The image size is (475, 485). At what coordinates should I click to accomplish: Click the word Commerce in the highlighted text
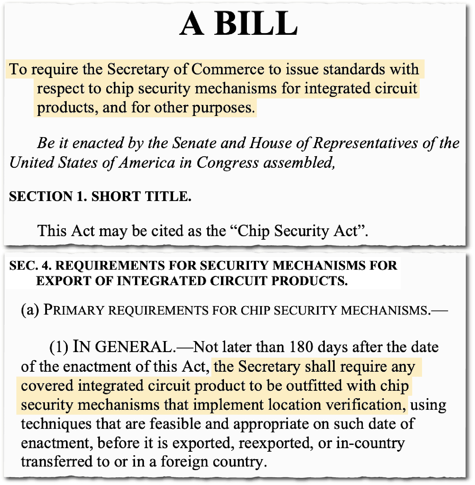(x=228, y=69)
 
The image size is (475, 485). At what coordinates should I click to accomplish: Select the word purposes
(x=223, y=108)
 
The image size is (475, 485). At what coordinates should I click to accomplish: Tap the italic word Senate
(x=195, y=143)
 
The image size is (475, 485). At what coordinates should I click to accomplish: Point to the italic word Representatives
(x=366, y=143)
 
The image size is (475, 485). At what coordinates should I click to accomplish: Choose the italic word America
(x=147, y=163)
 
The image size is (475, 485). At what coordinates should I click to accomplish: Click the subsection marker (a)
(x=30, y=310)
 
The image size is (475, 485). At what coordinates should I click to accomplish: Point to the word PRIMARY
(x=73, y=310)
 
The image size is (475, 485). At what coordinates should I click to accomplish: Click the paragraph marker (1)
(x=59, y=347)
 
